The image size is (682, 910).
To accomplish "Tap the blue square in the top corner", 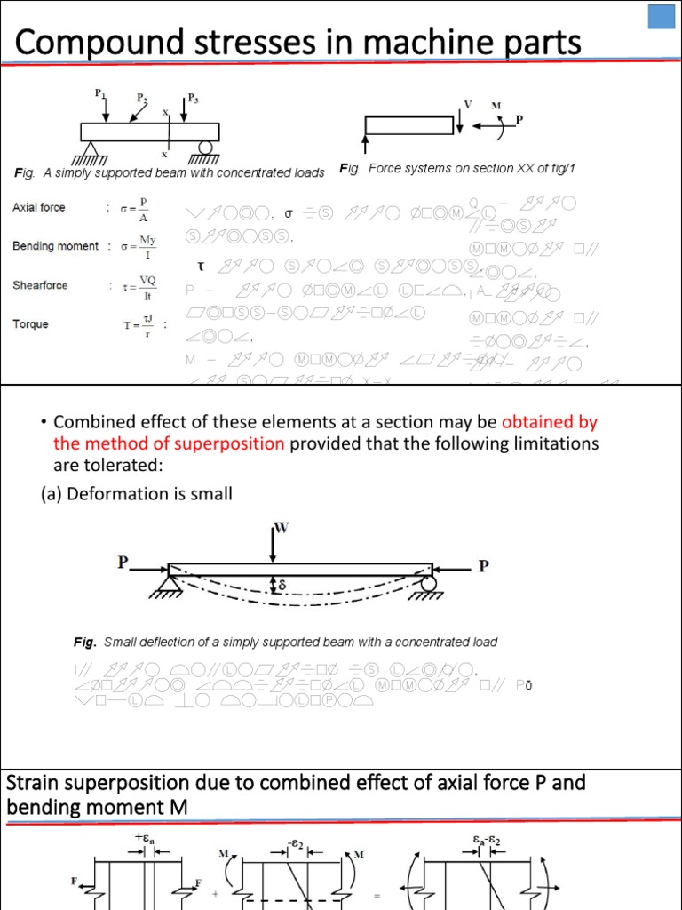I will (x=661, y=19).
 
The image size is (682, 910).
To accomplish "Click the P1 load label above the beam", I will (x=99, y=92).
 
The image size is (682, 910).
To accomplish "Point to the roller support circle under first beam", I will (x=206, y=148).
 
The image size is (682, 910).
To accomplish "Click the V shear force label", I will (x=468, y=103).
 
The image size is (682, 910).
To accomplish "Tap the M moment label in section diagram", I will (x=496, y=105).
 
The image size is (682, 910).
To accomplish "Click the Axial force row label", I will (x=38, y=207).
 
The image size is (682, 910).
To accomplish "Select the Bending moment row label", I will (x=55, y=246).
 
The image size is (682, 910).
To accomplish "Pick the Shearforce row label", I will (x=40, y=285).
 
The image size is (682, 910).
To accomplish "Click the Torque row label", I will (x=31, y=324).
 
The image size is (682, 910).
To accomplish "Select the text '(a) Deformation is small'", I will (x=137, y=493).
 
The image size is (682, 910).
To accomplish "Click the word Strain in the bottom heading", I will (x=36, y=783).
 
